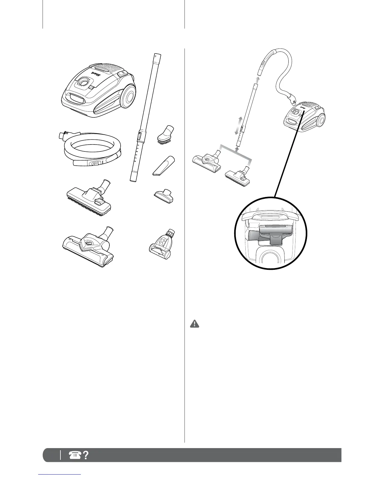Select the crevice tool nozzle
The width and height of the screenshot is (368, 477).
(x=163, y=166)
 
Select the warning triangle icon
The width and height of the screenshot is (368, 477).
(x=195, y=324)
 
